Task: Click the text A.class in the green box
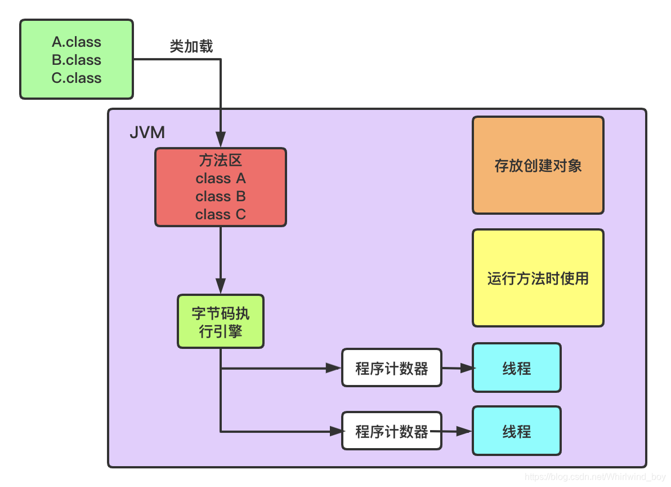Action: [x=77, y=42]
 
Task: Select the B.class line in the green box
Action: [x=77, y=60]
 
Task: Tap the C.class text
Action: [x=77, y=78]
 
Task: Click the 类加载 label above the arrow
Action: [x=191, y=47]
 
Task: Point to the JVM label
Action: [x=147, y=132]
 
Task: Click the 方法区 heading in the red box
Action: [x=221, y=161]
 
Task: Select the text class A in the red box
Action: [x=221, y=179]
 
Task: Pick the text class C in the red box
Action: [x=221, y=215]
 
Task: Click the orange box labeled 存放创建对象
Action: [x=538, y=165]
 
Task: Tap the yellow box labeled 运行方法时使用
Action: [x=538, y=278]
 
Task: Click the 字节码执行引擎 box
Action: [x=221, y=322]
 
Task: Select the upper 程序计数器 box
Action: [x=392, y=368]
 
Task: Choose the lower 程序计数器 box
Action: [x=392, y=431]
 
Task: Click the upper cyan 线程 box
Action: [x=517, y=368]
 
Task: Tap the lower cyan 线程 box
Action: [x=517, y=431]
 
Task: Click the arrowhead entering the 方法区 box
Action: [x=221, y=140]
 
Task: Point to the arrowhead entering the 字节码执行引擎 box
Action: [x=221, y=286]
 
